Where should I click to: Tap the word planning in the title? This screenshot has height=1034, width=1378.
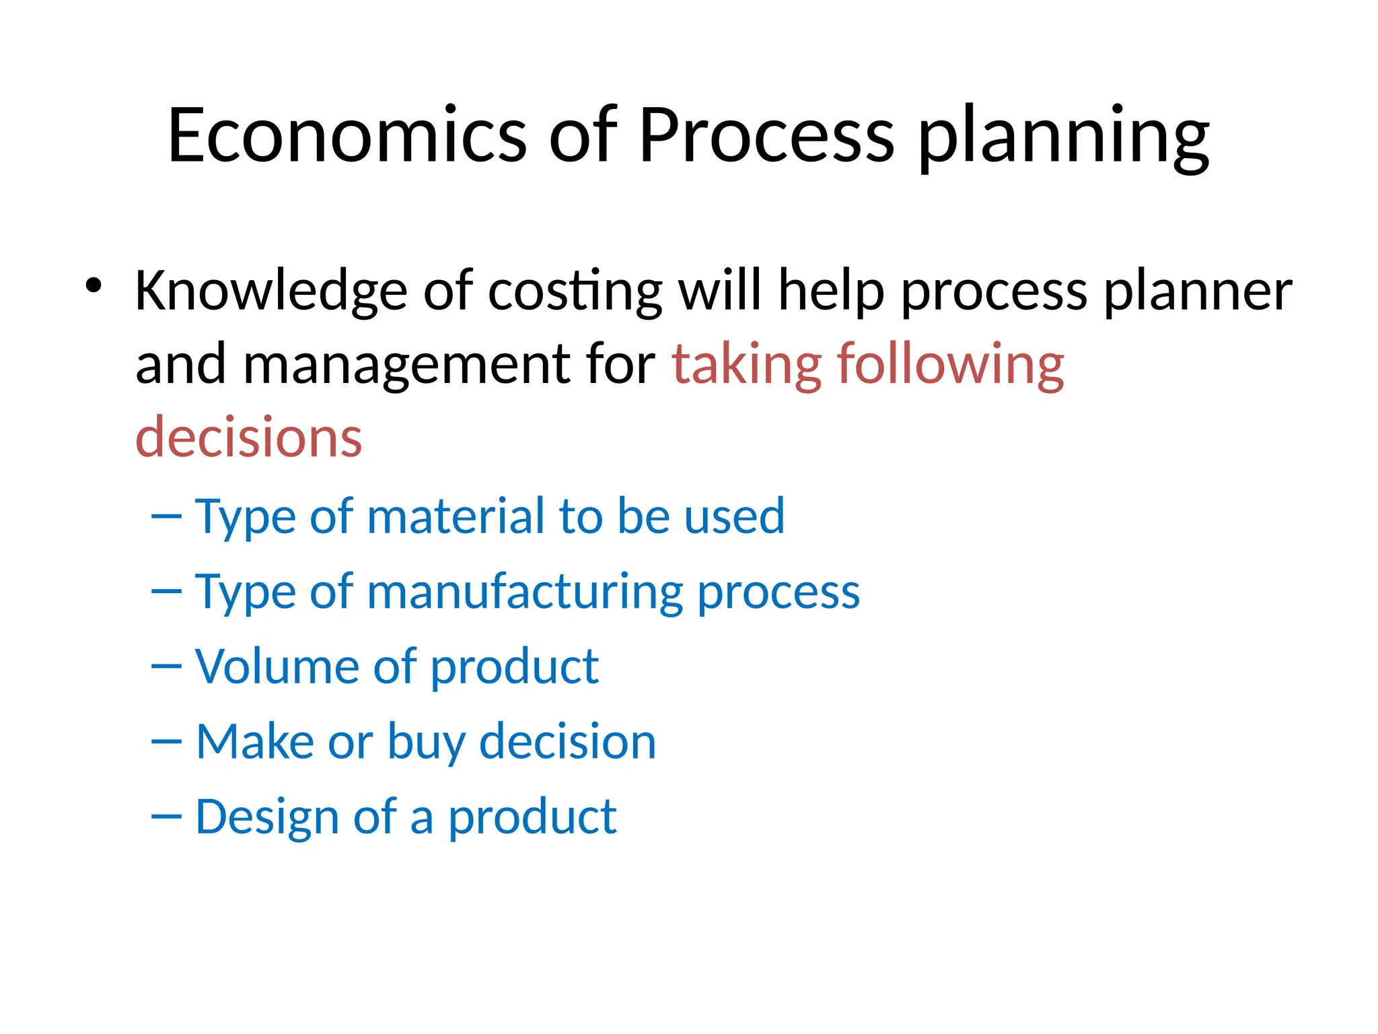1064,138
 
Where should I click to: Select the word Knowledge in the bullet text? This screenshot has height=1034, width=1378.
271,291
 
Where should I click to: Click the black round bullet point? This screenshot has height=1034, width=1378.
94,285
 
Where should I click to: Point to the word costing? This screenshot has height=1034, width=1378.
575,291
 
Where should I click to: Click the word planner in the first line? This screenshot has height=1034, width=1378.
1198,291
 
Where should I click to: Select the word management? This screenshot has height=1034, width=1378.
406,365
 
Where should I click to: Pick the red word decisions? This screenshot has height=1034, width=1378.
249,438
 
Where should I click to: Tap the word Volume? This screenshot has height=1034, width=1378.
277,666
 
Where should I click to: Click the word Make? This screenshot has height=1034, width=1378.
255,741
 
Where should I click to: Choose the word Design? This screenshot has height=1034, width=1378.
267,818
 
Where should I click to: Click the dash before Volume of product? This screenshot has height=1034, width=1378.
166,666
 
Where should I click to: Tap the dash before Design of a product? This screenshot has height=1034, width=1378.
166,817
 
